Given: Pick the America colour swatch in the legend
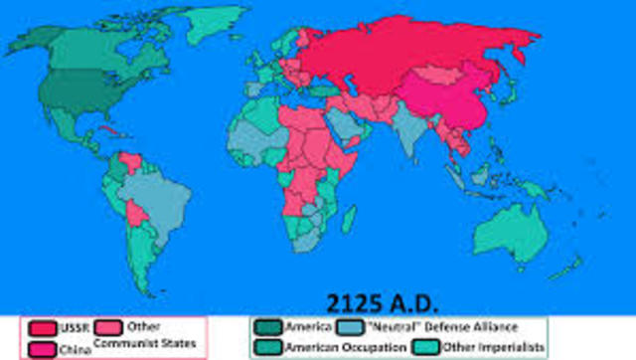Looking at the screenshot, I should click(267, 327).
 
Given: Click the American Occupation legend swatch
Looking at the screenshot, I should click(267, 347).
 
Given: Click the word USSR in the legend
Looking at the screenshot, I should click(69, 327).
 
